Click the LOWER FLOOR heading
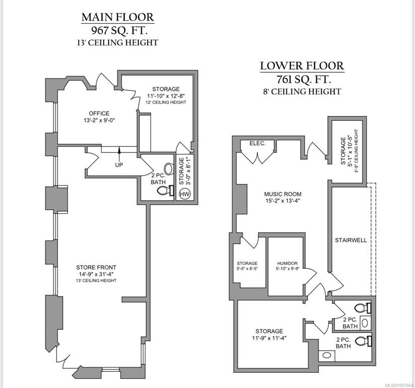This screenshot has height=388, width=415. pyautogui.click(x=302, y=65)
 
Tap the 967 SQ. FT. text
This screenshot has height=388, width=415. pyautogui.click(x=117, y=30)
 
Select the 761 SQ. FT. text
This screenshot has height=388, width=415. pyautogui.click(x=302, y=79)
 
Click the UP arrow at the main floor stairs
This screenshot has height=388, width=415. pyautogui.click(x=119, y=152)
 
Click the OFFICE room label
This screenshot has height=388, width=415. pyautogui.click(x=99, y=114)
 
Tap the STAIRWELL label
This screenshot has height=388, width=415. pyautogui.click(x=351, y=240)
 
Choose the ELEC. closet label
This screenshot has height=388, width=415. pyautogui.click(x=258, y=143)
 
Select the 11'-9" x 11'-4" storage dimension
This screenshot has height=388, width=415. pyautogui.click(x=269, y=338)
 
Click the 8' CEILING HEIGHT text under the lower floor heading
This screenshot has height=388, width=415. pyautogui.click(x=302, y=91)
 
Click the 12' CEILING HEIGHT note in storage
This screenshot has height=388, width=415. pyautogui.click(x=166, y=103)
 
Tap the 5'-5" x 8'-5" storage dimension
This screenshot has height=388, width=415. pyautogui.click(x=247, y=270)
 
